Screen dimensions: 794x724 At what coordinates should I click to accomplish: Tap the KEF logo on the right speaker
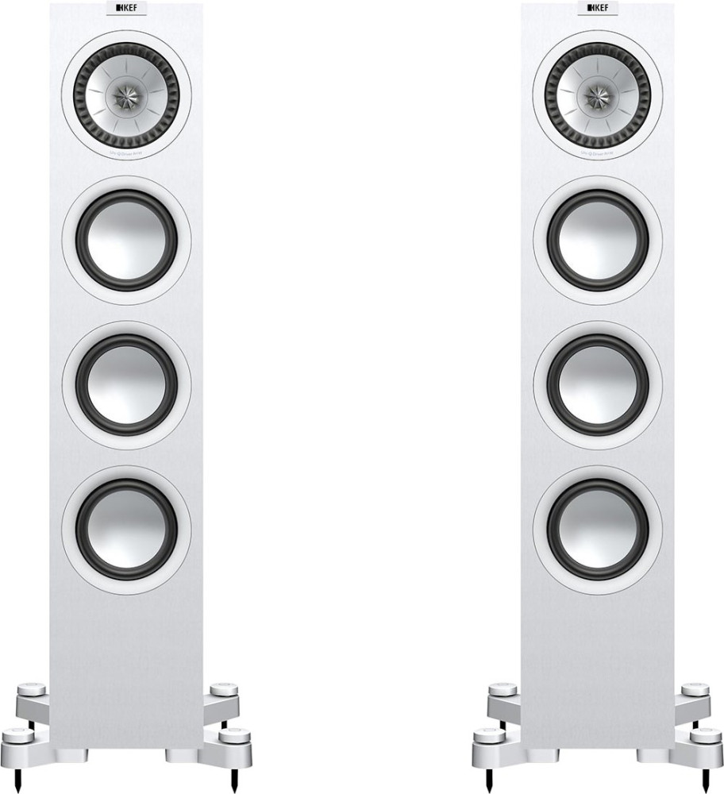(x=597, y=10)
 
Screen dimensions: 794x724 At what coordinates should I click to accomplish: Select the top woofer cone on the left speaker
(x=127, y=240)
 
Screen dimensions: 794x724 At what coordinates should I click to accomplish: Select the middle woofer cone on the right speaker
(x=598, y=384)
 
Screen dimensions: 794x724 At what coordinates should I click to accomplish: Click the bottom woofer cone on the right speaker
(x=598, y=528)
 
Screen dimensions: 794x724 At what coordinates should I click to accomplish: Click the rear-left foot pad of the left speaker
(x=36, y=685)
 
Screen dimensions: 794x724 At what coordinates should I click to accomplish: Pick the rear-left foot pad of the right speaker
(x=506, y=685)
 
